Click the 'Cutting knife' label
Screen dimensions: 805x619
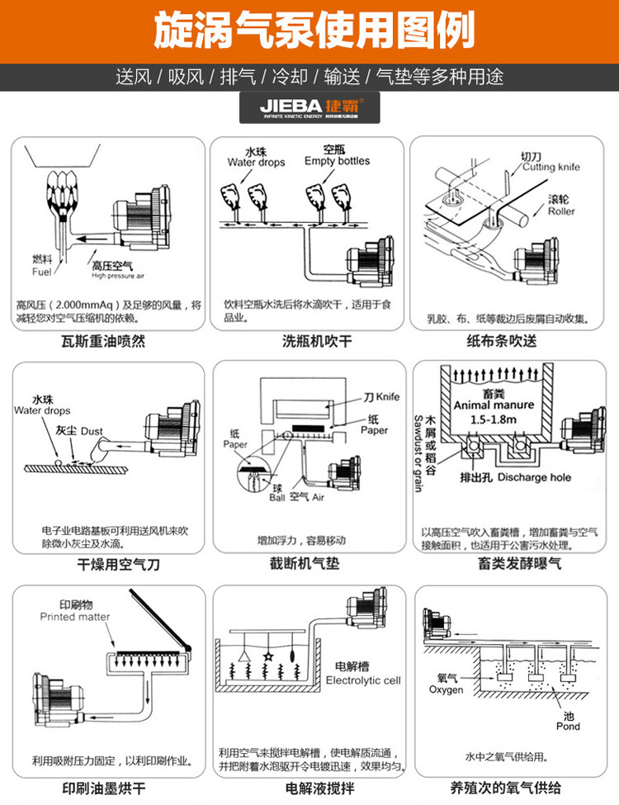[550, 167]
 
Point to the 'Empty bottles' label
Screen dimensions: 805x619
[337, 161]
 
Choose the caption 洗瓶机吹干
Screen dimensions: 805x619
[309, 340]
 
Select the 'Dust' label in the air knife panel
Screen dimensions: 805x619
[92, 431]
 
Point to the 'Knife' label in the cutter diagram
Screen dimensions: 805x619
[388, 397]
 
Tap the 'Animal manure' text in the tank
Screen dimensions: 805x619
[494, 405]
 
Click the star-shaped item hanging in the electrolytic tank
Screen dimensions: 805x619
[268, 657]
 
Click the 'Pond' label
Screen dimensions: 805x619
[568, 727]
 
